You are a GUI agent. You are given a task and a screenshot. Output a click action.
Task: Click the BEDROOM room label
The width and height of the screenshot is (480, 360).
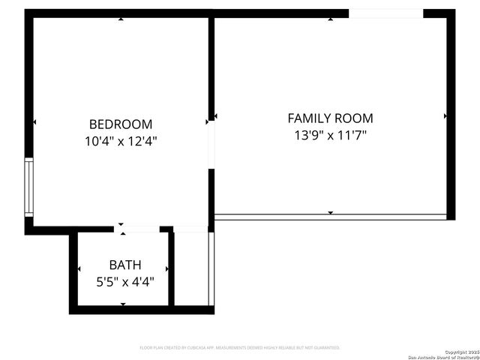point(120,124)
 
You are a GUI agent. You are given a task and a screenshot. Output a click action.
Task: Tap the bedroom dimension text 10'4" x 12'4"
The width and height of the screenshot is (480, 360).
point(120,140)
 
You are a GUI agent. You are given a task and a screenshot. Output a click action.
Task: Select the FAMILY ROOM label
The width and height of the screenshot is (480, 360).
point(330,118)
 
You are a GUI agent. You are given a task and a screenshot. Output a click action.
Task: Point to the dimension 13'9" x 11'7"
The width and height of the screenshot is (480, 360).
point(330,135)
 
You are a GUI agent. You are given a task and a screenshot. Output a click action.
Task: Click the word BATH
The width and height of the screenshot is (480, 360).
point(124,265)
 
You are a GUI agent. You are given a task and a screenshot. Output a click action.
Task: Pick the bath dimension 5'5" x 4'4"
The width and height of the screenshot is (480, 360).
point(124,282)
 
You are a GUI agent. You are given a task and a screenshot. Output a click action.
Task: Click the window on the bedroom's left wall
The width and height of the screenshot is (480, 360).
point(29,187)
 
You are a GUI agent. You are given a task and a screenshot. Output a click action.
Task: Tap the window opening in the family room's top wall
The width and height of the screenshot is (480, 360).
point(385,13)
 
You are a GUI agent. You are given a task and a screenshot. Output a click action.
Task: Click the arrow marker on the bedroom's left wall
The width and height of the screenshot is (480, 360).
point(34,121)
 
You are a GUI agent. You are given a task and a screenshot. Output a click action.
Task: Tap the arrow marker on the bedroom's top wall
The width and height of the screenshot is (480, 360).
point(121,18)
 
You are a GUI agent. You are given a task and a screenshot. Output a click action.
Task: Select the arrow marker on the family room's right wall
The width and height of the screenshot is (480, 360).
point(445,116)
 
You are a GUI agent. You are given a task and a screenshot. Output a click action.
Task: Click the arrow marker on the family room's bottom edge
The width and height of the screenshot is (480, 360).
point(330,213)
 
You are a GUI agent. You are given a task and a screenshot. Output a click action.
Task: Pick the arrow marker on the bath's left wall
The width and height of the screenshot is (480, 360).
point(78,269)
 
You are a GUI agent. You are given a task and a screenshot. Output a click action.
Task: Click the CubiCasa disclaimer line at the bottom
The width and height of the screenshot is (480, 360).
point(240,348)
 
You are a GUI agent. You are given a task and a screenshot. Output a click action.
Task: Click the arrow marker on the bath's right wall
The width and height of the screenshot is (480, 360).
point(169,269)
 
